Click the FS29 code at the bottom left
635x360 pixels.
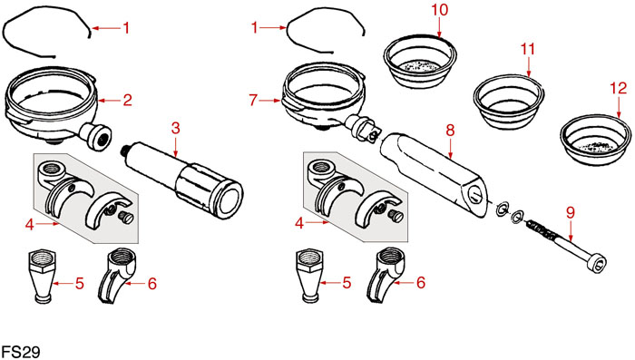click(x=21, y=352)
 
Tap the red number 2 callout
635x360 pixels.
click(x=128, y=100)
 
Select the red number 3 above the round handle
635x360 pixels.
click(x=175, y=128)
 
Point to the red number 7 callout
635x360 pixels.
click(x=253, y=100)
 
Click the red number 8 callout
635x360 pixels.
click(x=450, y=131)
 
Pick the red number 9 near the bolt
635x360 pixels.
click(x=571, y=212)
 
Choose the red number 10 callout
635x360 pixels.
click(x=440, y=10)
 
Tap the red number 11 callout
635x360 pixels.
click(x=528, y=49)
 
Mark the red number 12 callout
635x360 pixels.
click(x=619, y=88)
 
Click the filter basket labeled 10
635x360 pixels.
click(x=420, y=61)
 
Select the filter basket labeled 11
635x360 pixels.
click(x=509, y=102)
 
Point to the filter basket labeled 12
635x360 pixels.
click(x=596, y=140)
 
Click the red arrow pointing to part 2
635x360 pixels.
click(x=110, y=100)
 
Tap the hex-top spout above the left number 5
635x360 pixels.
click(x=43, y=276)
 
